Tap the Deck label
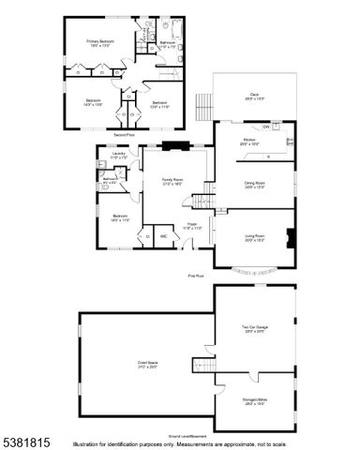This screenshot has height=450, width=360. (253, 94)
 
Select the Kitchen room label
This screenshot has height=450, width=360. (249, 140)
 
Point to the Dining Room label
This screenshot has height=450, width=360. (255, 185)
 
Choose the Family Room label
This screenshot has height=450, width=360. (172, 178)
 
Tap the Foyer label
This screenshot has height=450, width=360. (191, 225)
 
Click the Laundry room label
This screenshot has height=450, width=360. (118, 155)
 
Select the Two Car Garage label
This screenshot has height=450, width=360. (254, 327)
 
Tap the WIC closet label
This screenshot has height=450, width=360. (163, 236)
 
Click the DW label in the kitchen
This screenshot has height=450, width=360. (266, 127)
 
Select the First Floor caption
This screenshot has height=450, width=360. (195, 277)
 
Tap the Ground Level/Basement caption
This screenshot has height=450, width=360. (187, 436)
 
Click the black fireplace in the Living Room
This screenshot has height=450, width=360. (290, 237)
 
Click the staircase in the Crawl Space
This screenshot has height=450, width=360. (203, 364)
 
